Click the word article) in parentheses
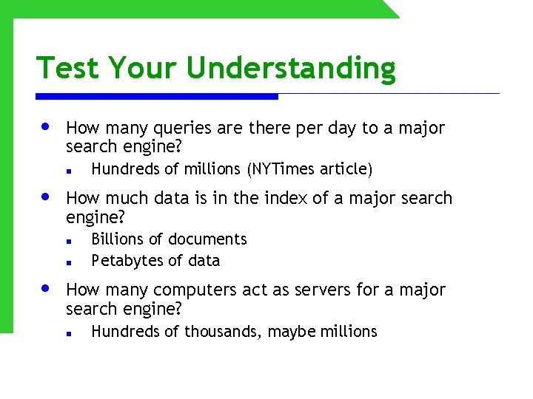(346, 169)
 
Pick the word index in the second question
(261, 198)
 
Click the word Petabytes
(123, 260)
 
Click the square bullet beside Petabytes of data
(67, 262)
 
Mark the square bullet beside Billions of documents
(67, 241)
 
